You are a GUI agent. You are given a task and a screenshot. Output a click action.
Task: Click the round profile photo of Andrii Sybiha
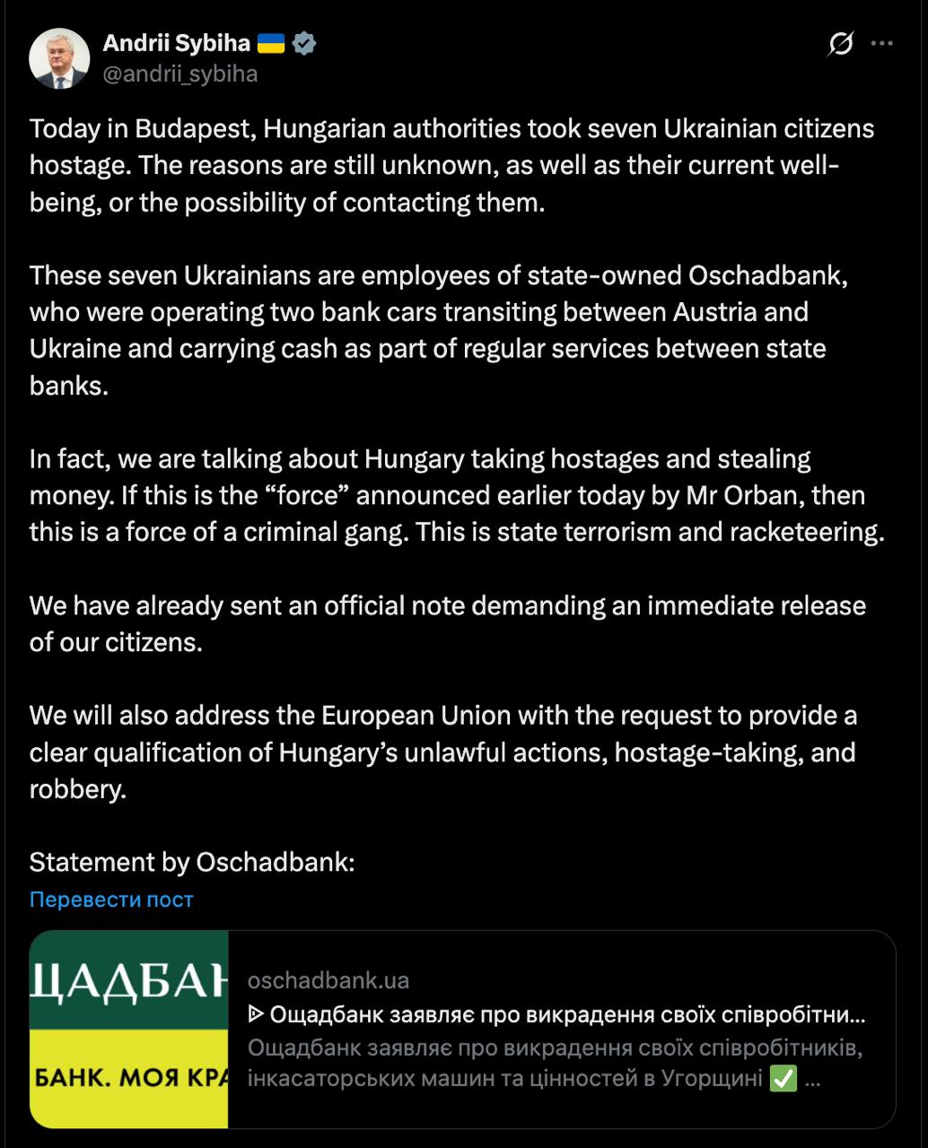(x=59, y=58)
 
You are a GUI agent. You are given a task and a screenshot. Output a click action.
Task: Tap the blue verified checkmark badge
(x=304, y=42)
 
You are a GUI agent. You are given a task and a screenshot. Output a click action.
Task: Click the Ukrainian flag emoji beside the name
(x=271, y=42)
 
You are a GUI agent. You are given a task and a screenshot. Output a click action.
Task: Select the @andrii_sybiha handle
(x=180, y=74)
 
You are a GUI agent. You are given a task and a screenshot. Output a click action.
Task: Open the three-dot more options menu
(x=883, y=43)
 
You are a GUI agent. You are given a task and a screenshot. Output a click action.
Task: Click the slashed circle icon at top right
(x=841, y=43)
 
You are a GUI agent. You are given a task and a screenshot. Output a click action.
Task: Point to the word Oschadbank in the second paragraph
(x=769, y=274)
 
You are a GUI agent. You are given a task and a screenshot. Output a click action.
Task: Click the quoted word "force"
(x=303, y=495)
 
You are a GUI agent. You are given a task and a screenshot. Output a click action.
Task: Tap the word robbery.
(x=75, y=789)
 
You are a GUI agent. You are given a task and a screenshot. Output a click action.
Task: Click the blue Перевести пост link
(x=111, y=900)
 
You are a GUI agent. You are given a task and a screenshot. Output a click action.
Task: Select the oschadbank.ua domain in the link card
(x=328, y=980)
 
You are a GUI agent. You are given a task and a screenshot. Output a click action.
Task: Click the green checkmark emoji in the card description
(x=784, y=1079)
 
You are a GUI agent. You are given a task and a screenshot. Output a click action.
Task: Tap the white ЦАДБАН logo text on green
(x=129, y=982)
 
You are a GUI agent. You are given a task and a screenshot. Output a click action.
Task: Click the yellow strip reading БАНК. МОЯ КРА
(x=129, y=1078)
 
